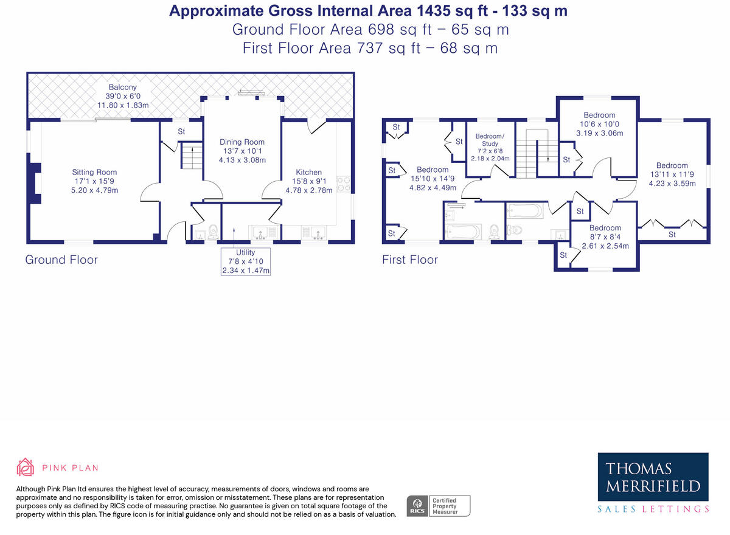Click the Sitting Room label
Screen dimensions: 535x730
94,172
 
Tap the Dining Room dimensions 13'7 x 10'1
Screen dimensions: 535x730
242,151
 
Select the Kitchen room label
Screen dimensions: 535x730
308,172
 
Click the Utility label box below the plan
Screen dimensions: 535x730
246,261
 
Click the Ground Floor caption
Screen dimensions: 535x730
61,260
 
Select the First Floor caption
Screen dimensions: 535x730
410,260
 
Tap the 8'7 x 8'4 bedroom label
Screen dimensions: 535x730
605,228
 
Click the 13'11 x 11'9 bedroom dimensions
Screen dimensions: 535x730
672,174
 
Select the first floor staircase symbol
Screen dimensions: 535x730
538,153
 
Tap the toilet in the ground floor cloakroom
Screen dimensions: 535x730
212,232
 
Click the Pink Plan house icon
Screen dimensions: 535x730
25,468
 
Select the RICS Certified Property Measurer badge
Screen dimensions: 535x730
439,506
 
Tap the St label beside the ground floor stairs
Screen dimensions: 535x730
181,131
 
